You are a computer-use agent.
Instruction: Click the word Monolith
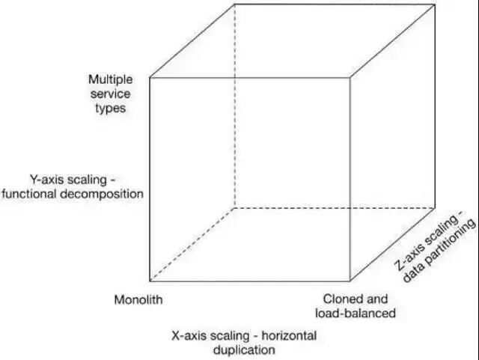[138, 300]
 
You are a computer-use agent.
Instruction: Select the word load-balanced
[355, 314]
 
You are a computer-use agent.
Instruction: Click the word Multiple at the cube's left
[110, 79]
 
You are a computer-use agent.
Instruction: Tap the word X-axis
[191, 335]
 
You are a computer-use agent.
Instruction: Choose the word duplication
[245, 350]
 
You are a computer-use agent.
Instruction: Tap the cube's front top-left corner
[150, 77]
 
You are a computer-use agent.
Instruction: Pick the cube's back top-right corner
[435, 4]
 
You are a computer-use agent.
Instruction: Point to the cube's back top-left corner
[234, 4]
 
